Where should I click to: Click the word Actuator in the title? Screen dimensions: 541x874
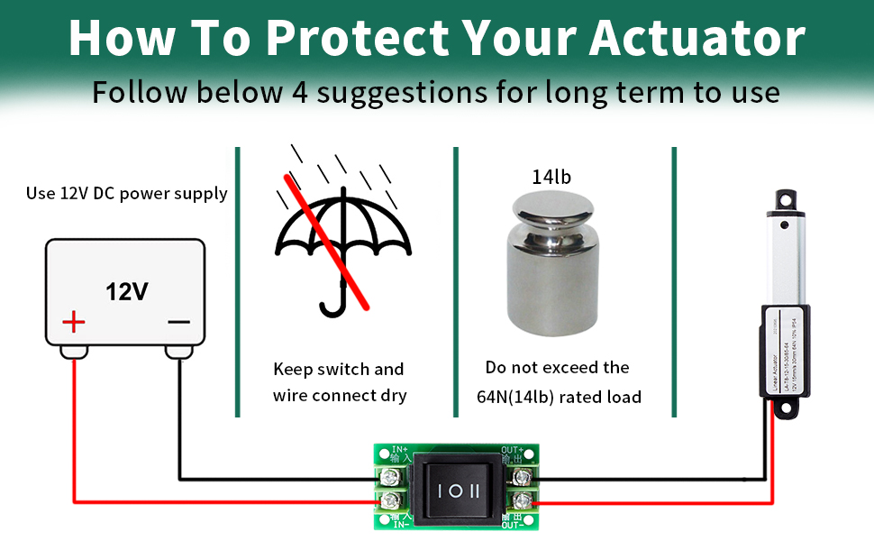696,39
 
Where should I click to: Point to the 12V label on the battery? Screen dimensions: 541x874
126,291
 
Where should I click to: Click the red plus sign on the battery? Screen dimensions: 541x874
73,322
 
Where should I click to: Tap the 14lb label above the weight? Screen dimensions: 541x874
551,177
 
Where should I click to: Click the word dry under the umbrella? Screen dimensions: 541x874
392,395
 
